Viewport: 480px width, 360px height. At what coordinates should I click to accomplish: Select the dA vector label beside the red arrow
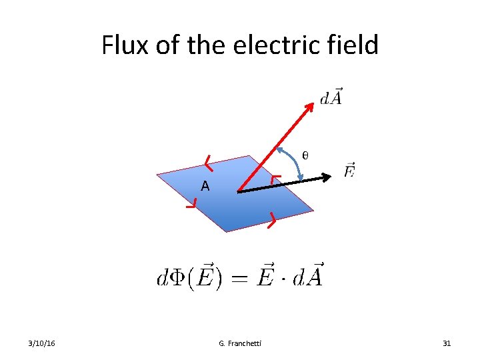[331, 97]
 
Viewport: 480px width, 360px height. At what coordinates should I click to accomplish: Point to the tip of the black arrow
[330, 177]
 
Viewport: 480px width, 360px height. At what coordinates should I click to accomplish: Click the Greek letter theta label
[305, 155]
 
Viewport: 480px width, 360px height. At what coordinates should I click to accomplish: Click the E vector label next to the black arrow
[350, 171]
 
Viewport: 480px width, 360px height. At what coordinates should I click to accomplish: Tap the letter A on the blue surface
[205, 187]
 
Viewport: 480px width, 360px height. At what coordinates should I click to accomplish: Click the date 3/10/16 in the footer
[42, 343]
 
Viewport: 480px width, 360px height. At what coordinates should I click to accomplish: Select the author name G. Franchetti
[240, 343]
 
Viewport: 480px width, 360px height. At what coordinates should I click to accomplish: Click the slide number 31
[447, 343]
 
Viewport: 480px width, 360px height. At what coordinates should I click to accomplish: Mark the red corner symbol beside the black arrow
[275, 179]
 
